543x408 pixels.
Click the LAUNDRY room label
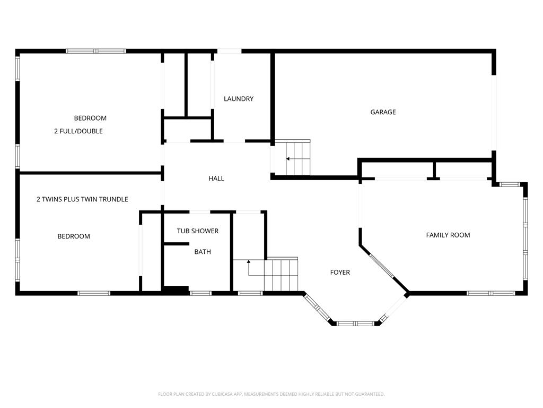point(239,99)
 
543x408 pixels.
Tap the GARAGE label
point(383,112)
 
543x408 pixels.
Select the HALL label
point(216,178)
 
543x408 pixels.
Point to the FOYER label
point(340,273)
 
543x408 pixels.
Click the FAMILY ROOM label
point(448,235)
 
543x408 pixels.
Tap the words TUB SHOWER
point(198,231)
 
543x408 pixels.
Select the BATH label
point(203,252)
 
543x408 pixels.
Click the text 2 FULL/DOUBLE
point(78,131)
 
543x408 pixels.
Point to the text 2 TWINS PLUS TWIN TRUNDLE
point(82,199)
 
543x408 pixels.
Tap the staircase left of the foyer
point(281,274)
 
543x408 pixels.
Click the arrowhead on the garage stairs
point(288,159)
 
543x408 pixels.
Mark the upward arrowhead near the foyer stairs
point(249,261)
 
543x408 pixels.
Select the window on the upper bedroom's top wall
point(96,51)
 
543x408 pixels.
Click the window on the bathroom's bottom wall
point(201,293)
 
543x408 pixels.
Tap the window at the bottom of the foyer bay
point(356,324)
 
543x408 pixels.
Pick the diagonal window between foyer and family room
point(382,266)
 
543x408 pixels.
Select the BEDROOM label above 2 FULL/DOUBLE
point(90,118)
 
